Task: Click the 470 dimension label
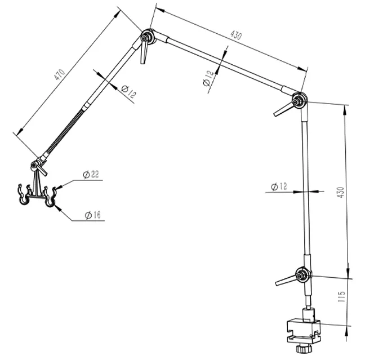coord(59,75)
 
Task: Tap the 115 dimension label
coord(341,297)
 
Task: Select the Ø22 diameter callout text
coord(91,175)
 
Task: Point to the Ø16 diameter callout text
coord(93,215)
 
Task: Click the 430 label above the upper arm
coord(236,35)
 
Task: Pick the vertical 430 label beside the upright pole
coord(341,192)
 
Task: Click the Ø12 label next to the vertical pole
coord(279,186)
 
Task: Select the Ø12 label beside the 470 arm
coord(128,91)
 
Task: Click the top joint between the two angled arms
coord(148,37)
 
